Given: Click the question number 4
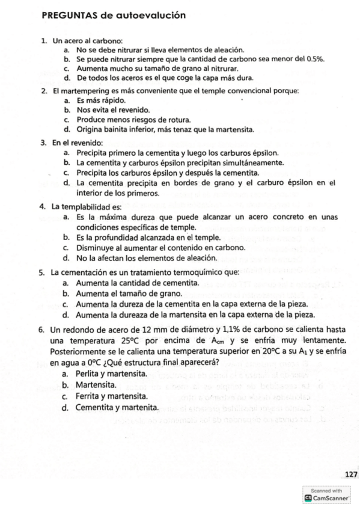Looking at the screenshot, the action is tap(43, 207).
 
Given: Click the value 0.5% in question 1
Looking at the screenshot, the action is tap(316, 59).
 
